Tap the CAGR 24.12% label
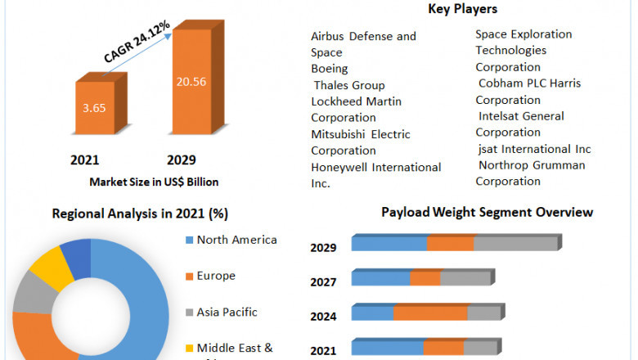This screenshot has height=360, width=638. [137, 42]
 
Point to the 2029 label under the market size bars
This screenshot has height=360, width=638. [182, 160]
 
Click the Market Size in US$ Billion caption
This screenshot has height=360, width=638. [154, 182]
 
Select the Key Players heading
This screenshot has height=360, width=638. [462, 9]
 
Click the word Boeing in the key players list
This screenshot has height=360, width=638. [329, 69]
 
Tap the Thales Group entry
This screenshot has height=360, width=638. [349, 85]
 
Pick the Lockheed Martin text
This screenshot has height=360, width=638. [356, 101]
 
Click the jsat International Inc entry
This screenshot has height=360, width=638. [534, 149]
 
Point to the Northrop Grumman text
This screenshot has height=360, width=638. [532, 165]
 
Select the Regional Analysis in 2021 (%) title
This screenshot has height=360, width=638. [140, 214]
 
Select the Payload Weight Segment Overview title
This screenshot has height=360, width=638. [487, 212]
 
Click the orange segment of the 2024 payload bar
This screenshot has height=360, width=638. [430, 313]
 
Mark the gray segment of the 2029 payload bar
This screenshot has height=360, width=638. [514, 244]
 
